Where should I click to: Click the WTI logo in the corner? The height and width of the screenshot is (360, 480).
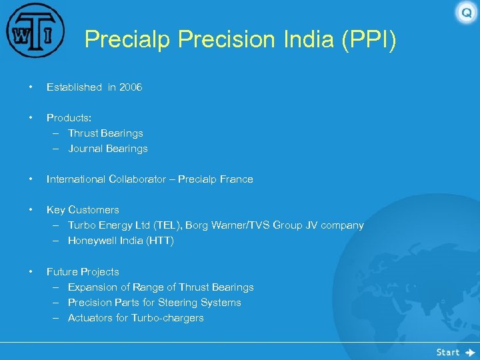[35, 31]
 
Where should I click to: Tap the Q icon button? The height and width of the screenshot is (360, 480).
[466, 13]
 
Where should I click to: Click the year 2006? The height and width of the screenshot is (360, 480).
[131, 87]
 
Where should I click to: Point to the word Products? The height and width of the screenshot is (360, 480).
[69, 118]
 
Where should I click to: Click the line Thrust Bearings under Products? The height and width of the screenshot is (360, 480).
[105, 133]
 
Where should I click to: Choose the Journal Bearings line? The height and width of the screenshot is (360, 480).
[108, 149]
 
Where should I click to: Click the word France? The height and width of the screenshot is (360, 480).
[236, 179]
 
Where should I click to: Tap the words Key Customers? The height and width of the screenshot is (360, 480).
[83, 210]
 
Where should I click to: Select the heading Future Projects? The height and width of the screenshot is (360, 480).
[83, 272]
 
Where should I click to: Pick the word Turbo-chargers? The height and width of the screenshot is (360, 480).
[167, 318]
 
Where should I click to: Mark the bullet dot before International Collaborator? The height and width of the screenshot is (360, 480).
[30, 179]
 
